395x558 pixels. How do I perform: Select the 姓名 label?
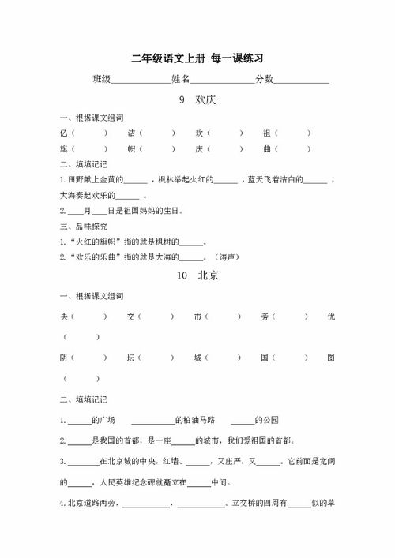181,80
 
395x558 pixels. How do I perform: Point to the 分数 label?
264,80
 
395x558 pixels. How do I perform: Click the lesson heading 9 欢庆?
198,101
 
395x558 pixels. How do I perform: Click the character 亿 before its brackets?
63,133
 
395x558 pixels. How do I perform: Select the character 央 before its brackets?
63,316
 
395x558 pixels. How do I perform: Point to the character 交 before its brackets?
131,316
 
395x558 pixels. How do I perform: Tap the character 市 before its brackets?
197,316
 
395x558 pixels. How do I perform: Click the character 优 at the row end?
331,316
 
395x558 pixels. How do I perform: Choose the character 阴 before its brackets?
63,358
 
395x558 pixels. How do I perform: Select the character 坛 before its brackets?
131,358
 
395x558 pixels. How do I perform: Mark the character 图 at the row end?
331,358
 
